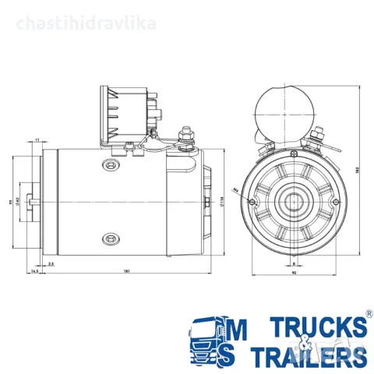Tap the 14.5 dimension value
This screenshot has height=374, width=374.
coord(35,271)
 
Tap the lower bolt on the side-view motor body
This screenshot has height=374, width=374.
coord(109,238)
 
